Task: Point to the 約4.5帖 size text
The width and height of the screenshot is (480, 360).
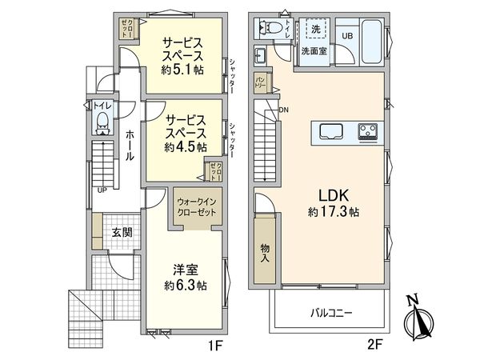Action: [x=186, y=147]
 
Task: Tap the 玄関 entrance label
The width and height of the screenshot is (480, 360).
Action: [x=122, y=233]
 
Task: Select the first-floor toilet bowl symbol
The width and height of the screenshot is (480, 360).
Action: [x=102, y=124]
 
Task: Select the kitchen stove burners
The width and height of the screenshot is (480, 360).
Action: [x=369, y=130]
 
